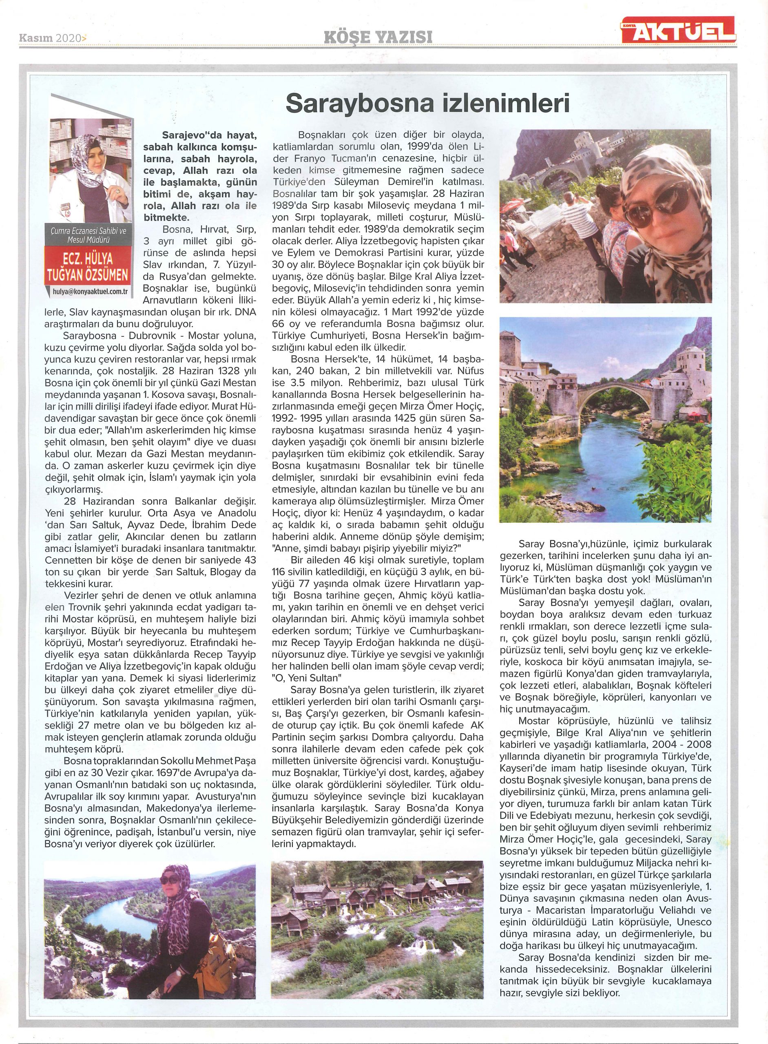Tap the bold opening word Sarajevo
click(x=179, y=135)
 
